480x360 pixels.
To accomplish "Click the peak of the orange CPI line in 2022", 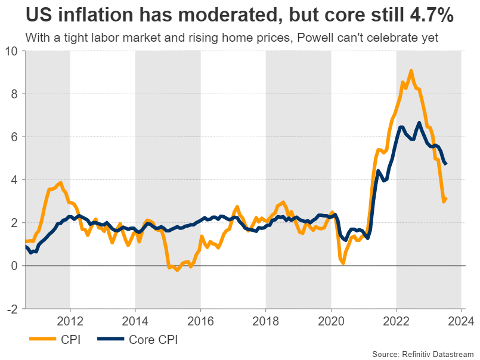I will click(411, 71).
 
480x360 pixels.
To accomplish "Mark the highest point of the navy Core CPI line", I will click(419, 123).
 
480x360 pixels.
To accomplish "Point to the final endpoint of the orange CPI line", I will click(447, 198).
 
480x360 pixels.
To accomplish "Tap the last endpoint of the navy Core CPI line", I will click(447, 165).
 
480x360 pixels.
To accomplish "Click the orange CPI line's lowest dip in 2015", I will click(177, 270).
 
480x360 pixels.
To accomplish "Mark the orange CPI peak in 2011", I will click(60, 183).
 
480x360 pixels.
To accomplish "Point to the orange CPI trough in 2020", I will click(343, 262).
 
